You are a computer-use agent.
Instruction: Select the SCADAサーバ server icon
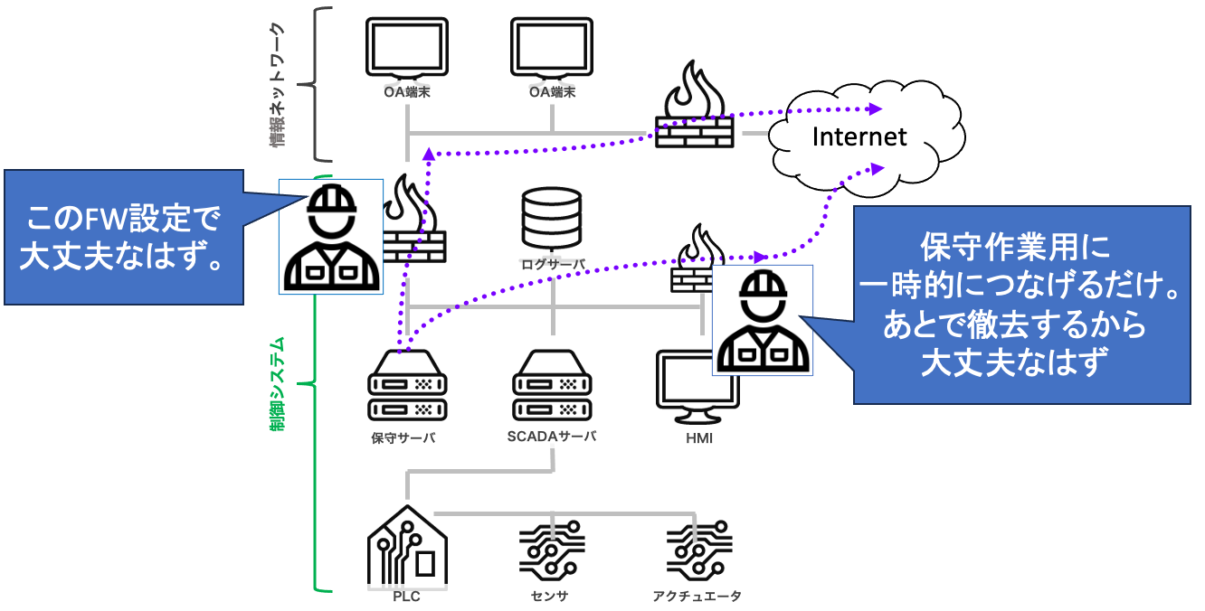click(552, 384)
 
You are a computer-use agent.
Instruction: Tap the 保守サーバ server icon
click(406, 384)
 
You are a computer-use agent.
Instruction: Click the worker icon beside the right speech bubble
click(763, 320)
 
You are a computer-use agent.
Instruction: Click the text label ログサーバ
click(552, 264)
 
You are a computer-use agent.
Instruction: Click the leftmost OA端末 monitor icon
click(406, 49)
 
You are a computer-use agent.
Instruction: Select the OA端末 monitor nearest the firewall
click(552, 49)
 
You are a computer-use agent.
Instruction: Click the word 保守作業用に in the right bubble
click(1013, 246)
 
